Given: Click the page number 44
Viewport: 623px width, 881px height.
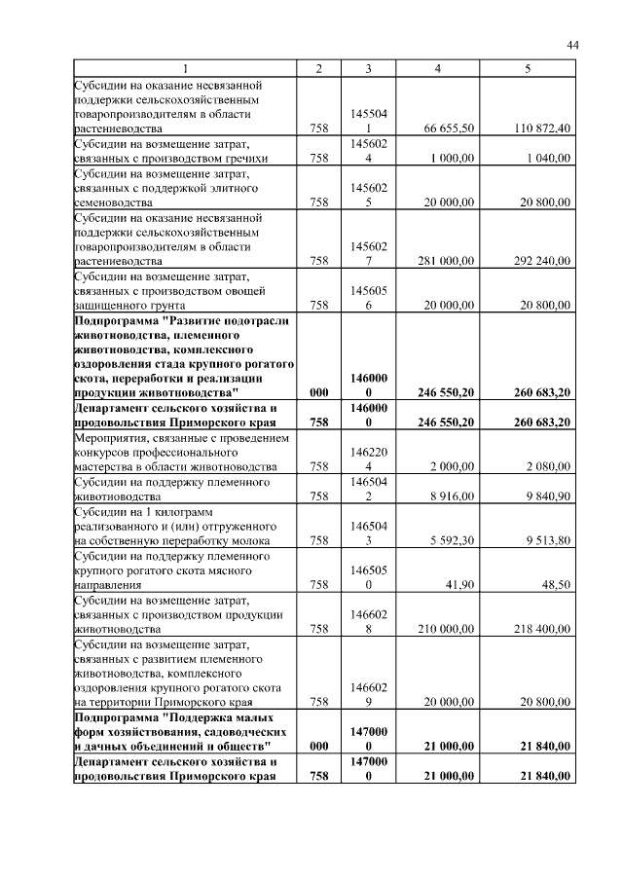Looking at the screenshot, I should [x=572, y=45].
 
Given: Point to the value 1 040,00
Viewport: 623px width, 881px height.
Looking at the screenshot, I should [x=547, y=158].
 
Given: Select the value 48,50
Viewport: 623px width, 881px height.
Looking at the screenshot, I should [x=556, y=585].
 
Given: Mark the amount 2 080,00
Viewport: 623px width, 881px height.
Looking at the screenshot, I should [x=547, y=467].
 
